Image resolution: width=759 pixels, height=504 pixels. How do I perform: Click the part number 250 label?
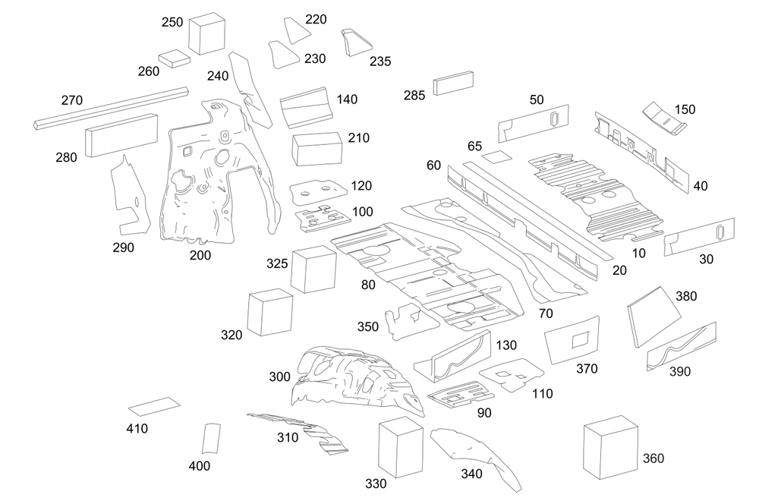(x=172, y=23)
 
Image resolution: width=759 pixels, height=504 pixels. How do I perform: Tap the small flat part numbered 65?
(x=497, y=158)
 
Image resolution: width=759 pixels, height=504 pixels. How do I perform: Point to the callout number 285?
(x=414, y=96)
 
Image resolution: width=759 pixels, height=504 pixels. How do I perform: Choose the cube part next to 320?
(x=269, y=312)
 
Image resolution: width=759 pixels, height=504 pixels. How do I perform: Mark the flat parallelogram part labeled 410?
(x=154, y=406)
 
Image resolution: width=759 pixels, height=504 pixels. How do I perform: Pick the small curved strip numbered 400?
(x=210, y=439)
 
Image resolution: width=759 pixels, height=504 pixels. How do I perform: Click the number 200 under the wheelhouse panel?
(x=200, y=255)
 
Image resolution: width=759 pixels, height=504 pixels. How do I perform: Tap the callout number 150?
(x=685, y=109)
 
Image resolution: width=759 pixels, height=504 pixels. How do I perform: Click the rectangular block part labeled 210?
(x=317, y=147)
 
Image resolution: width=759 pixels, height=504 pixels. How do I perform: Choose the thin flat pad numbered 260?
(x=175, y=58)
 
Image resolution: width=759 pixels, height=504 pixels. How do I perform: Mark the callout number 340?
(x=470, y=474)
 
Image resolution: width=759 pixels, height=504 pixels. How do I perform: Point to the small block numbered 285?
(x=453, y=83)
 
